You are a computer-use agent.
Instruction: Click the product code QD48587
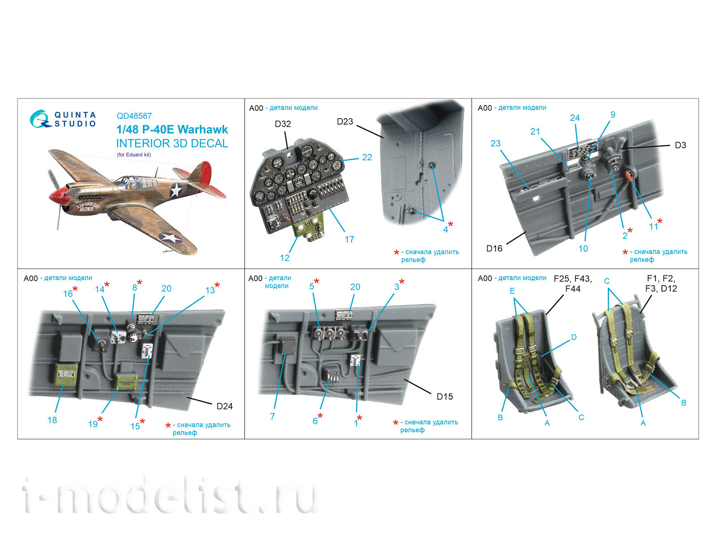(x=134, y=116)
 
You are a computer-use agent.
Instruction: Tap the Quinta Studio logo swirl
(x=39, y=119)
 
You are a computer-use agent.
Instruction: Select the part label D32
(x=283, y=124)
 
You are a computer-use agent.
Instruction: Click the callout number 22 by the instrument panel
(x=367, y=158)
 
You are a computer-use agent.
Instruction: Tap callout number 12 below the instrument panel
(x=285, y=258)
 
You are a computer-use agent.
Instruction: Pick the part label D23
(x=345, y=122)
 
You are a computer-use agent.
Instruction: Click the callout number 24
(x=575, y=118)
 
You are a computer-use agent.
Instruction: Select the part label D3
(x=680, y=145)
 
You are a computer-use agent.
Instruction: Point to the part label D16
(x=494, y=248)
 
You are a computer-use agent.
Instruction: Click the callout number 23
(x=495, y=144)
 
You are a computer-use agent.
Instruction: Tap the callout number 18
(x=52, y=420)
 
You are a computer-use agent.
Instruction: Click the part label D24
(x=225, y=406)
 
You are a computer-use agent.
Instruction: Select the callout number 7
(x=272, y=417)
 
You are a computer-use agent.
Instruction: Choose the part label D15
(x=444, y=396)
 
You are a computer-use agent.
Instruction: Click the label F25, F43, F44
(x=572, y=284)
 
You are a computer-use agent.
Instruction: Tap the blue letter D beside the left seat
(x=574, y=337)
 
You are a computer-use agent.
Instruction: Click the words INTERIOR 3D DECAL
(x=172, y=144)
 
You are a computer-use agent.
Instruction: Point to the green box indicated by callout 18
(x=66, y=375)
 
